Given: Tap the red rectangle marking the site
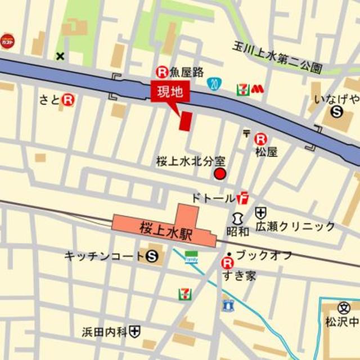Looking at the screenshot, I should pos(185,121).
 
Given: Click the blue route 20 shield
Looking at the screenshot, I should pos(213,84).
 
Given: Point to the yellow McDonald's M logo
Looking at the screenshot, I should pos(257,88).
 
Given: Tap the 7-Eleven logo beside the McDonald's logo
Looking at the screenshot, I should pos(242,88).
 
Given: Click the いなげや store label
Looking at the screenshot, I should pos(337,100).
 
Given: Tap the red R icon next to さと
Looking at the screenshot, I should pos(69,100).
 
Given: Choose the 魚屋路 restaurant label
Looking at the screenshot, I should pos(182,72).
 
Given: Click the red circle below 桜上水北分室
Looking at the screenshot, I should pos(220,174).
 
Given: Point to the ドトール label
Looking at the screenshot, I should pos(213,198).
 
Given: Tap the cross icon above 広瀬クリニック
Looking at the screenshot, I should pos(260,213).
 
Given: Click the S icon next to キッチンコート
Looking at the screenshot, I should pos(151,256).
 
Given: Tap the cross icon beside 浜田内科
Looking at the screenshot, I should pos(134,331).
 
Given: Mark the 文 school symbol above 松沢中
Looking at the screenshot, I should pos(344,308).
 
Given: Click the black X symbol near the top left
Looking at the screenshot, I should pos(60,56).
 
